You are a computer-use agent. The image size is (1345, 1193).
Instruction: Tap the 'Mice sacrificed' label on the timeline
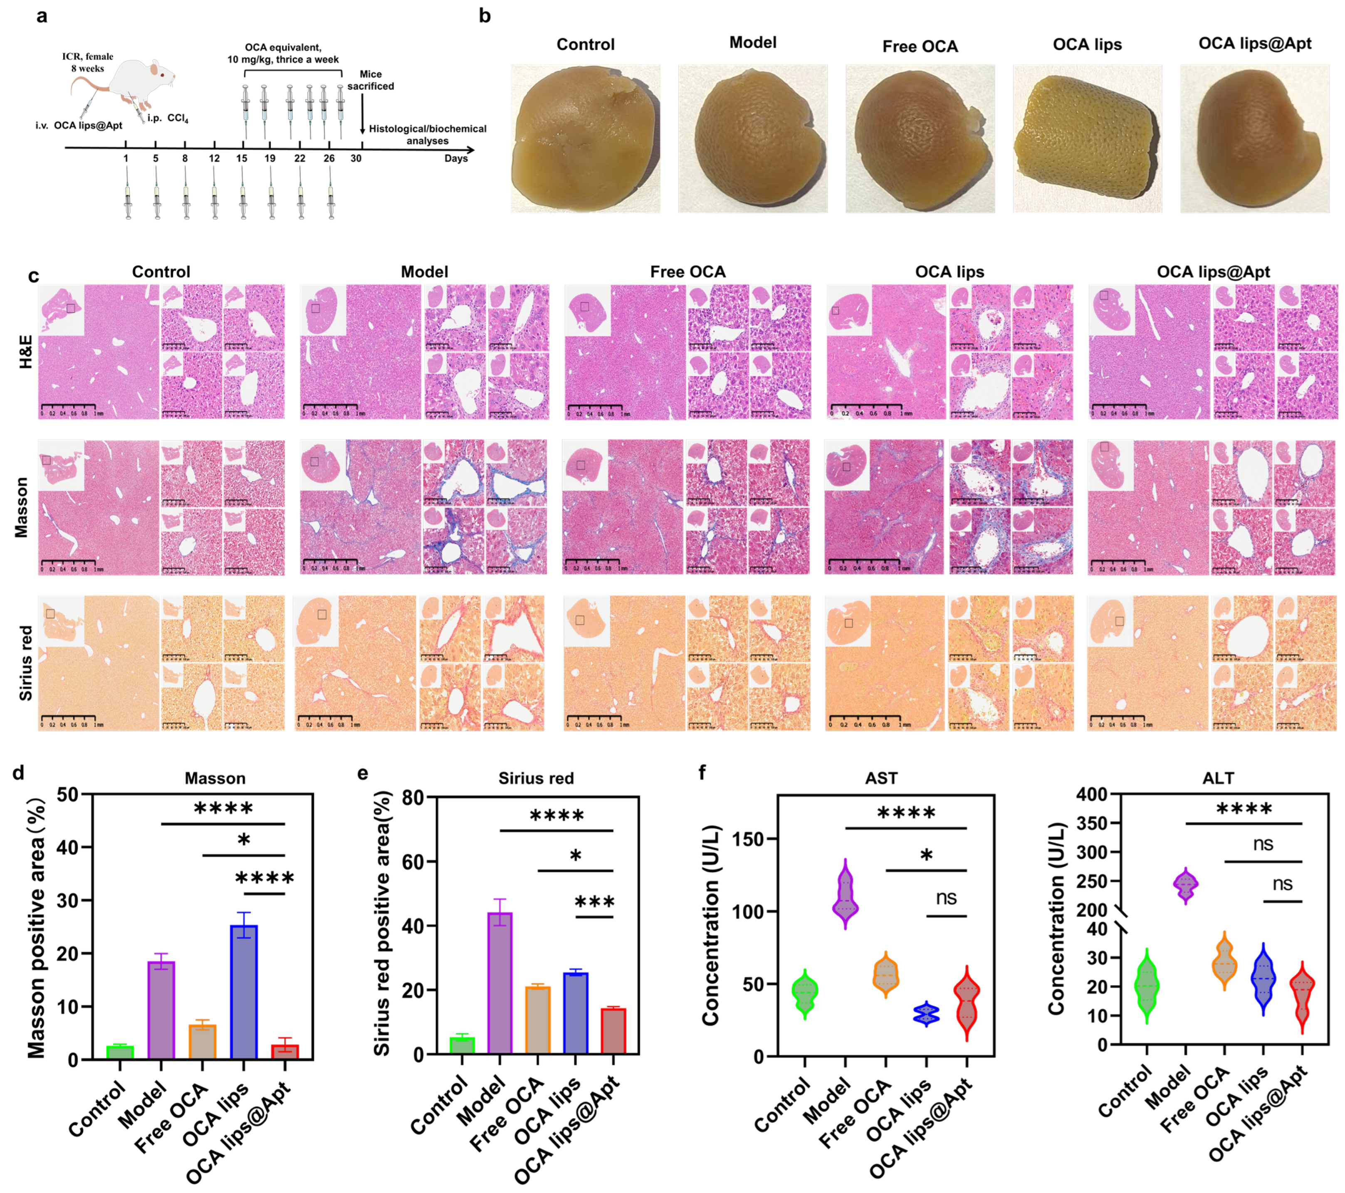[x=371, y=80]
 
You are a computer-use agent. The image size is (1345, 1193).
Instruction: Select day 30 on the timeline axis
[x=356, y=158]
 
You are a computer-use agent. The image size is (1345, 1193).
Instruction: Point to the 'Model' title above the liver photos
[x=753, y=43]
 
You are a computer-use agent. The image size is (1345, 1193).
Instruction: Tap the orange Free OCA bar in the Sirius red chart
[x=538, y=1020]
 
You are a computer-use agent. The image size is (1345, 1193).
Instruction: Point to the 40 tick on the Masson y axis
[x=68, y=847]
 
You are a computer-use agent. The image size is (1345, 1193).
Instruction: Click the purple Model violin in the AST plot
[x=845, y=895]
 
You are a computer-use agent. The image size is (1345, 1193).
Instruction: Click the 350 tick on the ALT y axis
[x=1090, y=823]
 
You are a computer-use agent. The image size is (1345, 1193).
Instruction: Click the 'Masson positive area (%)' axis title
[x=37, y=928]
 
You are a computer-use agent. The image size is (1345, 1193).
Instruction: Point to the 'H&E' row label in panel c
[x=26, y=352]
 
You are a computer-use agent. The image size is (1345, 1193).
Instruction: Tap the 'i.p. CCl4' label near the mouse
[x=168, y=119]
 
